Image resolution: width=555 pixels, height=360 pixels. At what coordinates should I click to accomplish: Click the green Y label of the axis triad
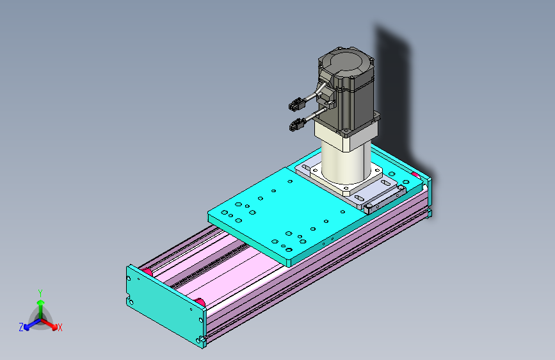[x=40, y=293]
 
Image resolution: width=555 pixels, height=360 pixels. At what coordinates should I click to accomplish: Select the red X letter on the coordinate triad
[x=60, y=328]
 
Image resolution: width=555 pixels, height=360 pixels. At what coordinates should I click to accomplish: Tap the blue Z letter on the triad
[x=21, y=327]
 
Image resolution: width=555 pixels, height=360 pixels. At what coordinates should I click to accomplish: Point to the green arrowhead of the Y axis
[x=41, y=302]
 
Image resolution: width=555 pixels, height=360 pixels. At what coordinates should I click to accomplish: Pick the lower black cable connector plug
[x=297, y=125]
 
